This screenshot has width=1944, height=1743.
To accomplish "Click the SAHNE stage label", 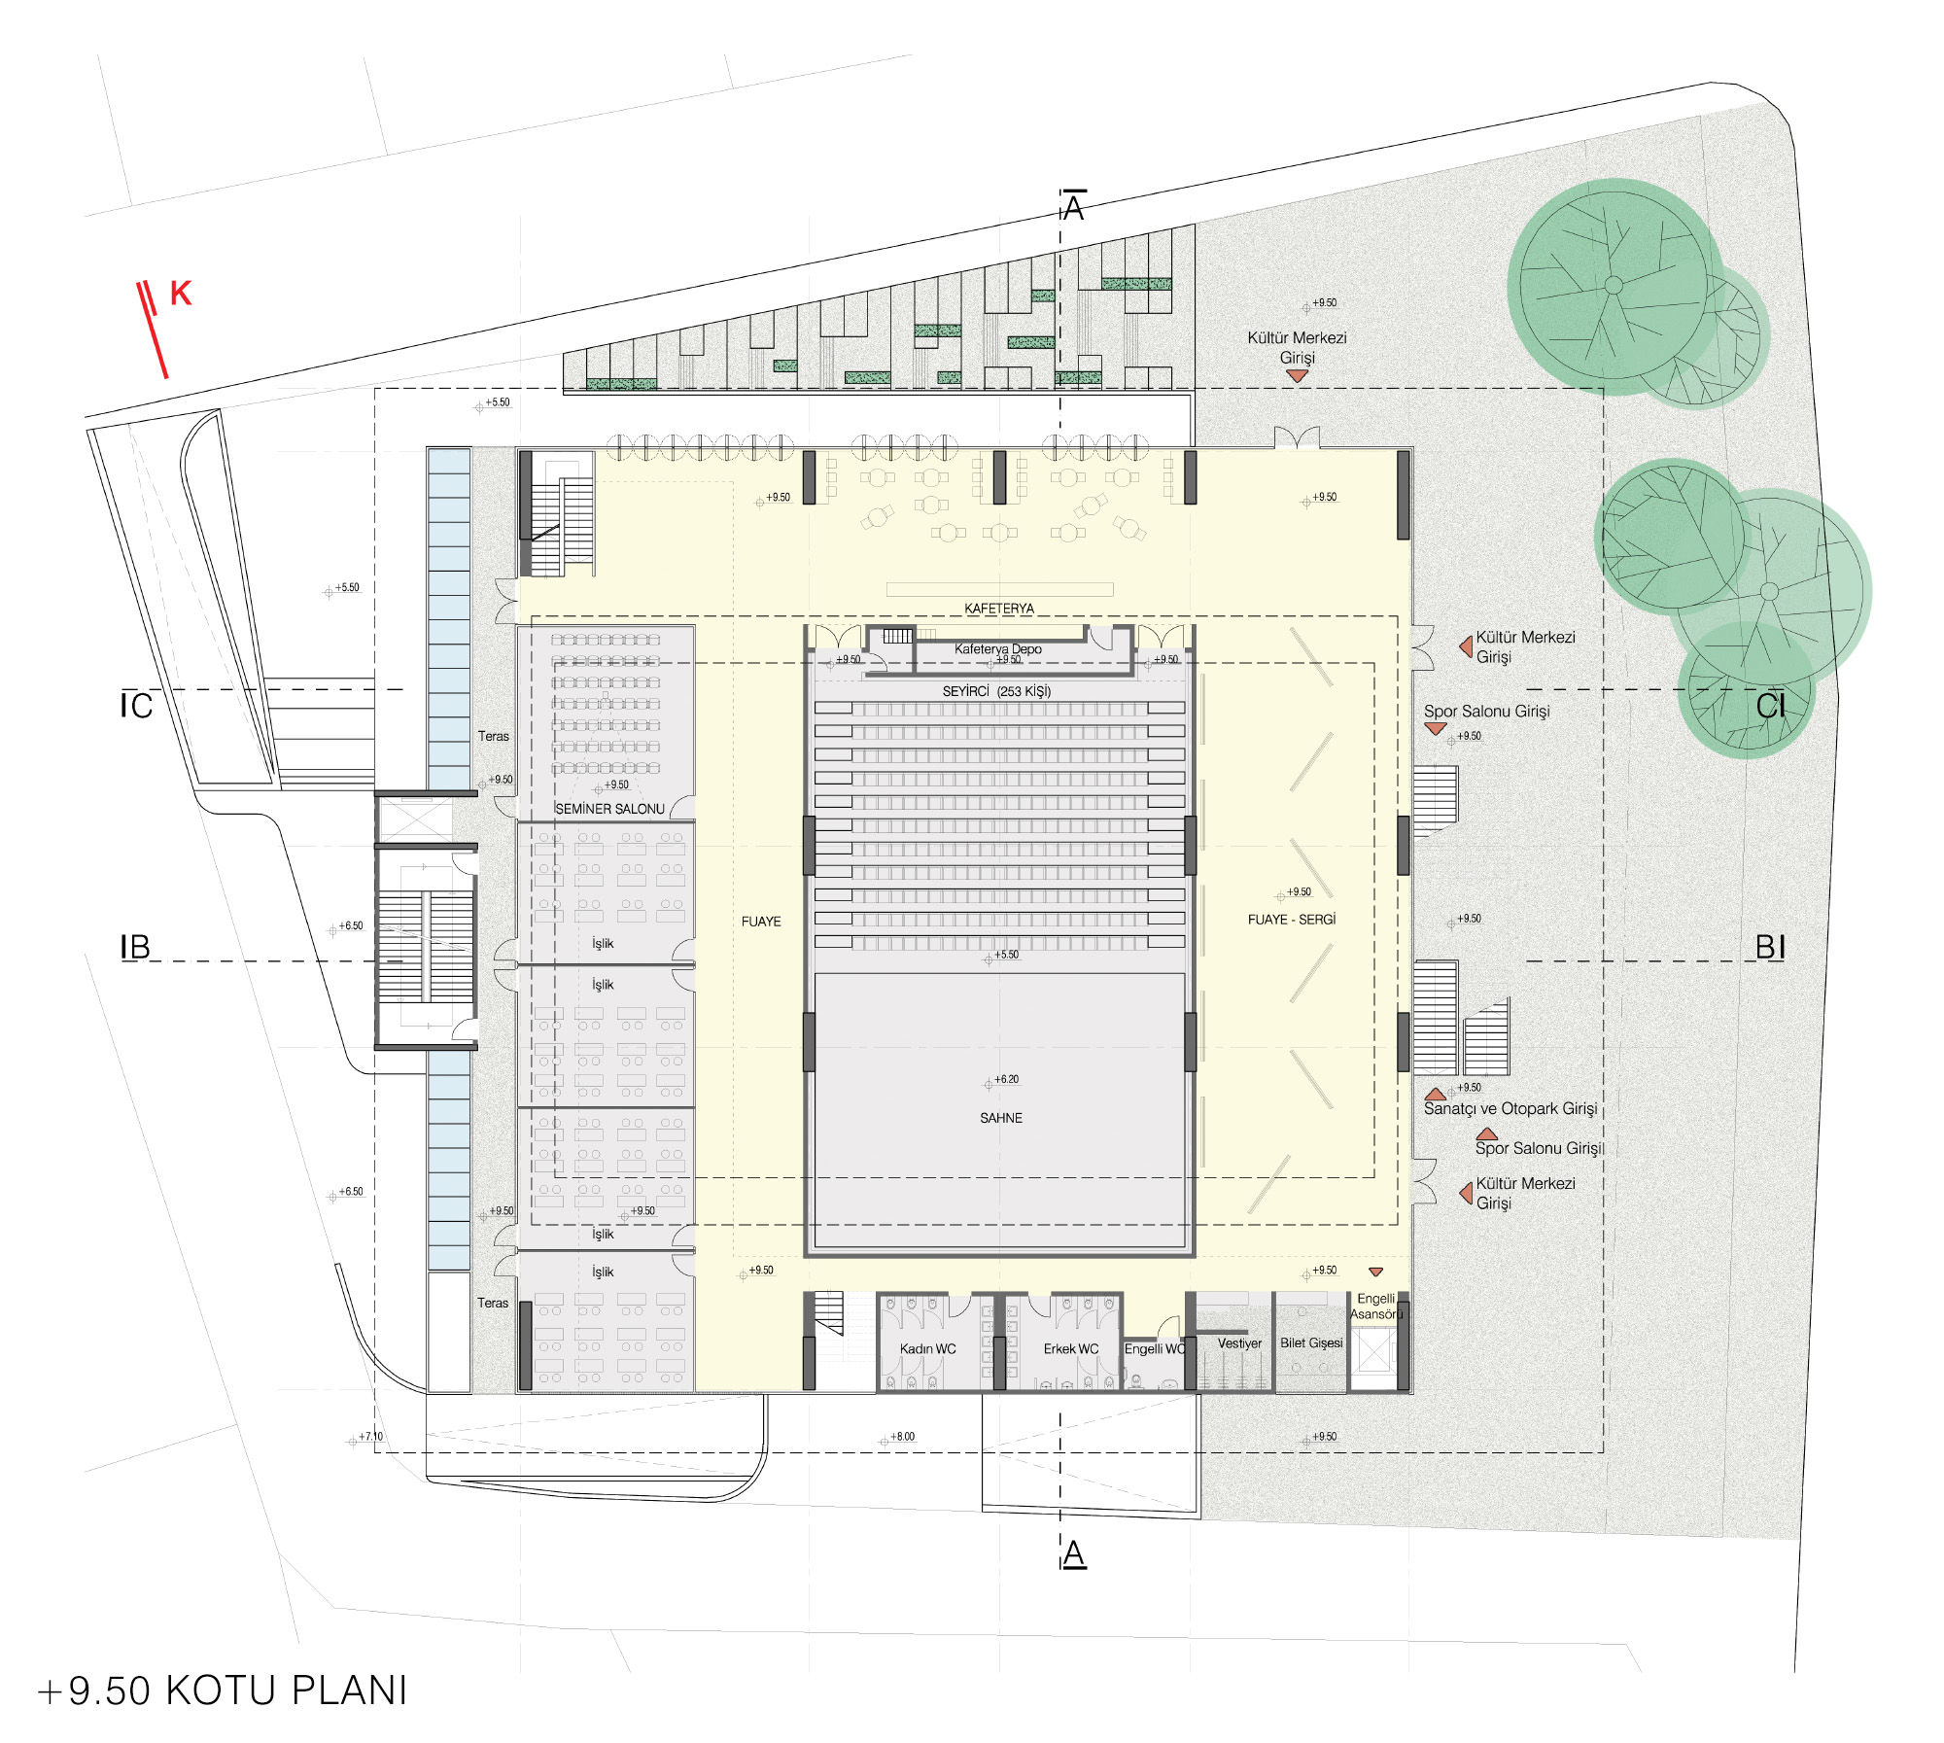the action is (1000, 1118).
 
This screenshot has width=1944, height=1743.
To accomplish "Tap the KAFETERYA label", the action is (998, 609).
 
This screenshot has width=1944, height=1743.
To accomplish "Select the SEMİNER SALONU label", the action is (609, 809).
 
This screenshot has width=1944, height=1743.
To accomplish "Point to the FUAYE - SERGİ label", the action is (1292, 919).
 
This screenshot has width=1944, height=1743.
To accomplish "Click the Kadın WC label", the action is (927, 1348).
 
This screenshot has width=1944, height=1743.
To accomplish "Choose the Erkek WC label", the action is (1071, 1348).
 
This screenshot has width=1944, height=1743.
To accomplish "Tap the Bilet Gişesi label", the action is (1311, 1342).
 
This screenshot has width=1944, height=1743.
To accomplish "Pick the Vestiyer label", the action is (1239, 1343).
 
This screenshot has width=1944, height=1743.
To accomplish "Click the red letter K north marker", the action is (181, 293).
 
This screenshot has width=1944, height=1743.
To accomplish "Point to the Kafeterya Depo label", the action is (997, 648).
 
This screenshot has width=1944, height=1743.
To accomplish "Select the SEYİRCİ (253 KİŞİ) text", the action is (996, 691).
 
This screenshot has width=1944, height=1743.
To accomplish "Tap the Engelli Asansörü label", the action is (1375, 1307).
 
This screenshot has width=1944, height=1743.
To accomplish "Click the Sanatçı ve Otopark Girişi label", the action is (1510, 1108).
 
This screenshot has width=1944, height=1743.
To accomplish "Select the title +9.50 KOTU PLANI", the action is (222, 1691).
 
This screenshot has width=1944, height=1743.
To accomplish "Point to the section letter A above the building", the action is (1073, 207).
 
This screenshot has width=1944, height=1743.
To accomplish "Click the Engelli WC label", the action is (1155, 1348).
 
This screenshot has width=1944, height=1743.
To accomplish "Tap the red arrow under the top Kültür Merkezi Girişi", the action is (1297, 375).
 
